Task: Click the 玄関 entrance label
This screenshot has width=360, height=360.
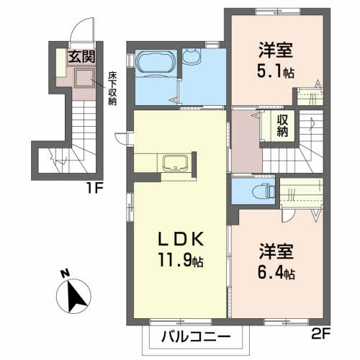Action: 81,56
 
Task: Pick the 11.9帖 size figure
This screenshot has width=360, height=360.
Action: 179,262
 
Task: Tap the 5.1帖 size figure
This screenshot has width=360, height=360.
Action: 277,71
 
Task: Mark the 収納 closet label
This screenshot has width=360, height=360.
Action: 283,126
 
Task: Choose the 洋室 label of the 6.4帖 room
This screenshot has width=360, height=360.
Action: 275,253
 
